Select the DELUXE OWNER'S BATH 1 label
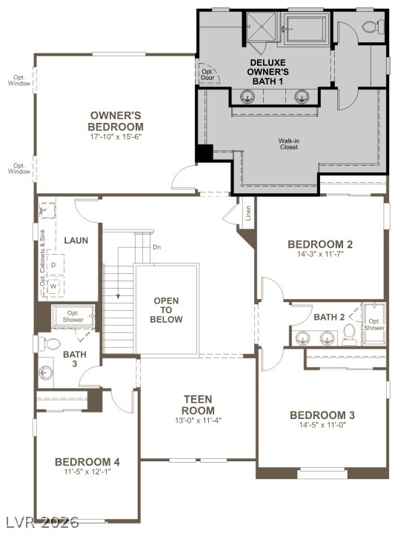tap(268, 72)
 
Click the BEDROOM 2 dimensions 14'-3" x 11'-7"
tap(319, 254)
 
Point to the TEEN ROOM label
tap(199, 405)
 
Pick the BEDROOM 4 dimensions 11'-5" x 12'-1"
tap(87, 472)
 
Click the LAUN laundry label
tap(76, 241)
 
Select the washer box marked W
tap(53, 285)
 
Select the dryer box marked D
tap(53, 264)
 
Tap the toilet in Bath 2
tap(350, 338)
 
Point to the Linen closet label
tap(247, 212)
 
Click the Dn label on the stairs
tap(156, 247)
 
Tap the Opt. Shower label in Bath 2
tap(375, 324)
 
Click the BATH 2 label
tap(329, 317)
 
